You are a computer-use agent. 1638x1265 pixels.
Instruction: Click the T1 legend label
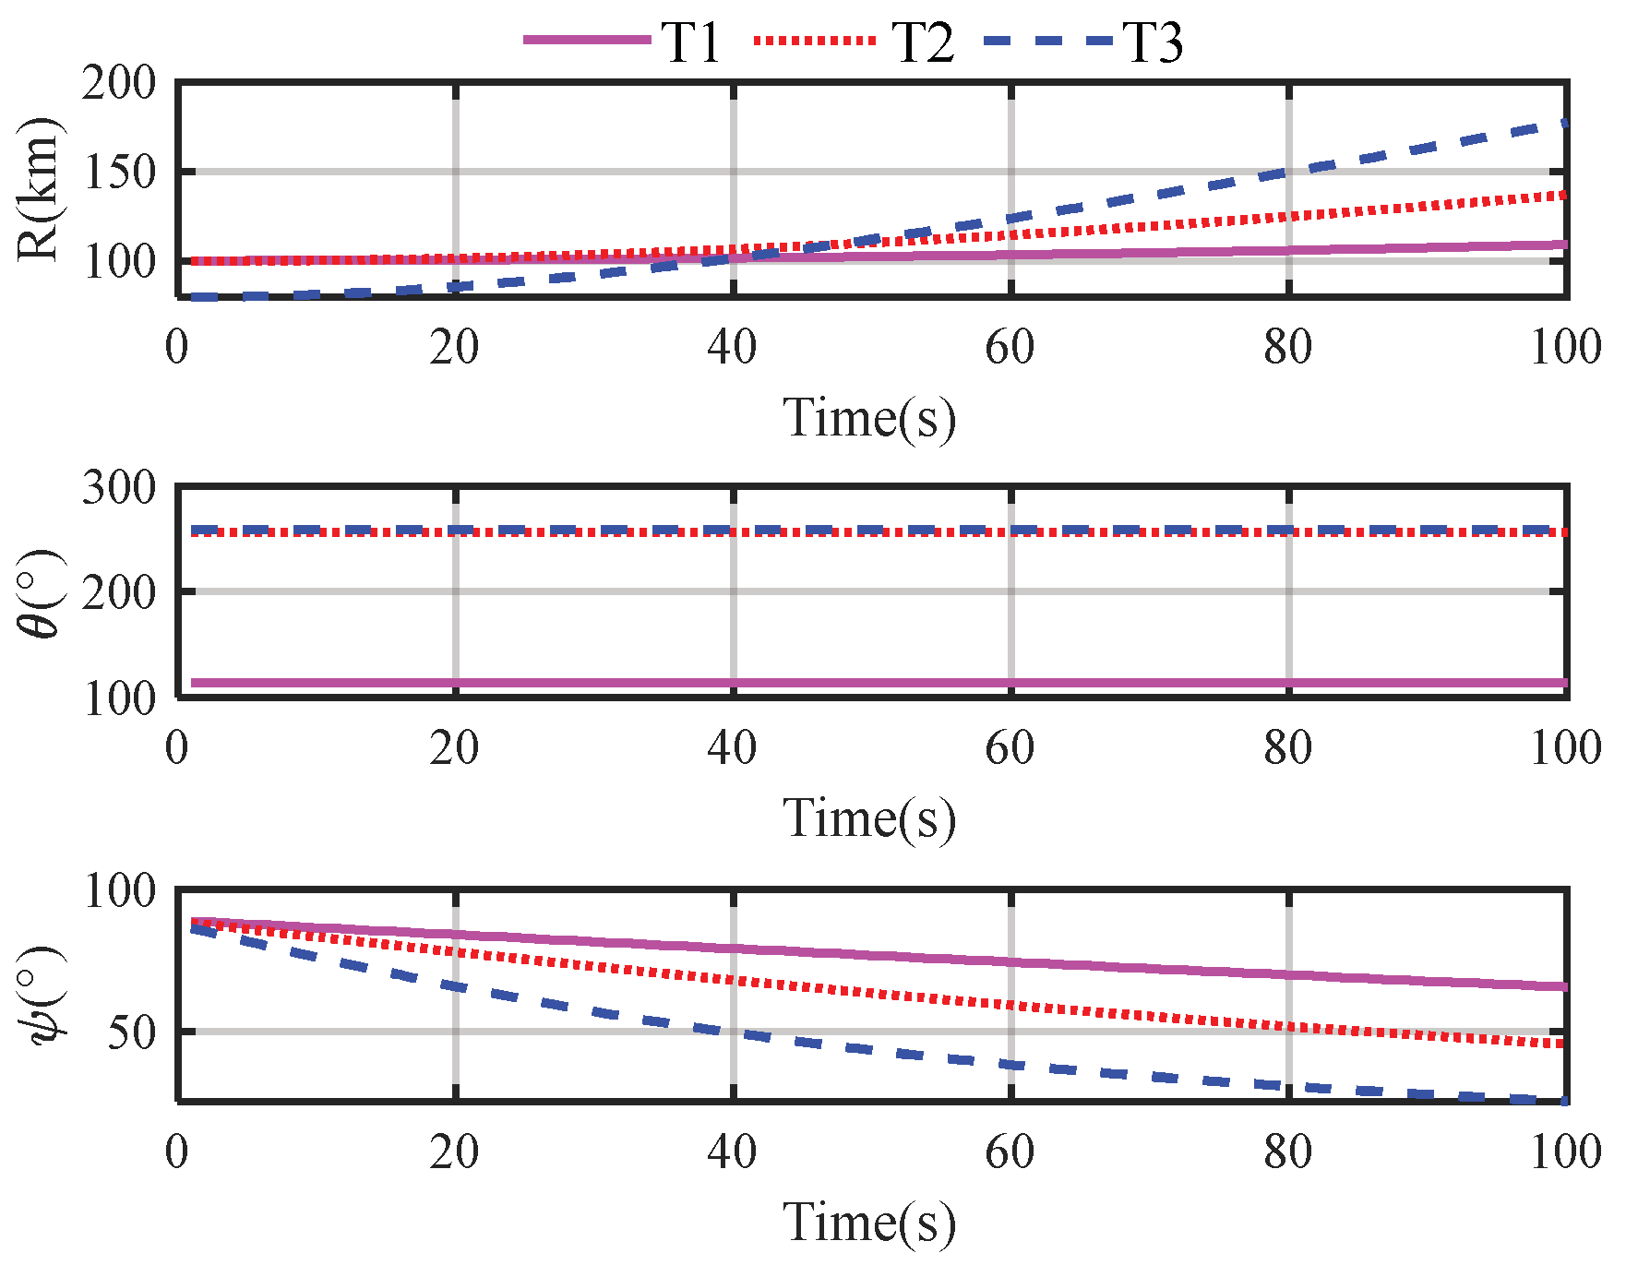(x=690, y=42)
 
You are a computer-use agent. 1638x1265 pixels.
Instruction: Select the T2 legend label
(x=922, y=42)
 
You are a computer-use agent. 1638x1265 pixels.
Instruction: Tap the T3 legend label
(x=1153, y=42)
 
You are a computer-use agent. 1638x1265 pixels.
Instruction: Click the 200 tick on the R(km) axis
(x=120, y=83)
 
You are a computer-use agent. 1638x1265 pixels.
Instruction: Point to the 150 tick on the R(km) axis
(x=120, y=172)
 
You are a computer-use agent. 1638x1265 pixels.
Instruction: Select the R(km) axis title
(x=39, y=189)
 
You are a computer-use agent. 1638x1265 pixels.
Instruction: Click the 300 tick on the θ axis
(x=120, y=486)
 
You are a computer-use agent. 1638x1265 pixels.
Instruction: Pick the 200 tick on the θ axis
(x=120, y=591)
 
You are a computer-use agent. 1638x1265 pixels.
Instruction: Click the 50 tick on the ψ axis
(x=132, y=1032)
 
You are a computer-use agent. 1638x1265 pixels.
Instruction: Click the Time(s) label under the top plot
(x=869, y=417)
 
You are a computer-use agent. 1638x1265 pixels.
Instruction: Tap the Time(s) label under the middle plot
(x=869, y=817)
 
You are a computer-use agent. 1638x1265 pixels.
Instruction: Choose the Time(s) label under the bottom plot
(x=869, y=1223)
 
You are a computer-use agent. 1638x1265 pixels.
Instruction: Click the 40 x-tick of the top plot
(x=733, y=348)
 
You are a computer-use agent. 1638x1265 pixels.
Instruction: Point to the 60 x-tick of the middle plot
(x=1010, y=747)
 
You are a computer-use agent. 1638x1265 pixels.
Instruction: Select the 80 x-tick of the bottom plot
(x=1288, y=1152)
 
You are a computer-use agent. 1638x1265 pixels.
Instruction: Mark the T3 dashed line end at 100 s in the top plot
(x=1563, y=124)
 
